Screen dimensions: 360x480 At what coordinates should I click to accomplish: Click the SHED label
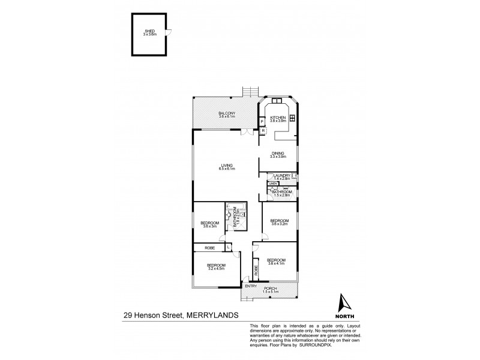coord(149,31)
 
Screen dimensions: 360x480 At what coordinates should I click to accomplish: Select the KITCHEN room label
coord(278,117)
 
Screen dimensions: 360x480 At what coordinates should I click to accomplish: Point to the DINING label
coord(278,153)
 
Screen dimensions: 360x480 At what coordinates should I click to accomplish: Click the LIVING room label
coord(226,166)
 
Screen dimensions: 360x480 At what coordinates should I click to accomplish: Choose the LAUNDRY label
coord(281,175)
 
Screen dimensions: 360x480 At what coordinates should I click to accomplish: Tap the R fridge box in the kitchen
coord(263,130)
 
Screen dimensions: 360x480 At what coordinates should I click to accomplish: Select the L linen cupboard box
coord(229,247)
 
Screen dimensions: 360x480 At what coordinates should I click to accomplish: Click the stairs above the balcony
coord(249,92)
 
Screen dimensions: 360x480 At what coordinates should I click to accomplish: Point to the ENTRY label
coord(251,286)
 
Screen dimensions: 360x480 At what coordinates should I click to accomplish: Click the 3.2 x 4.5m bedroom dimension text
coord(215,268)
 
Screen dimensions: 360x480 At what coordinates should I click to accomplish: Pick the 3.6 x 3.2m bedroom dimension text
coord(279,223)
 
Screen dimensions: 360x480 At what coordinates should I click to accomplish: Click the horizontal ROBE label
coord(209,247)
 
